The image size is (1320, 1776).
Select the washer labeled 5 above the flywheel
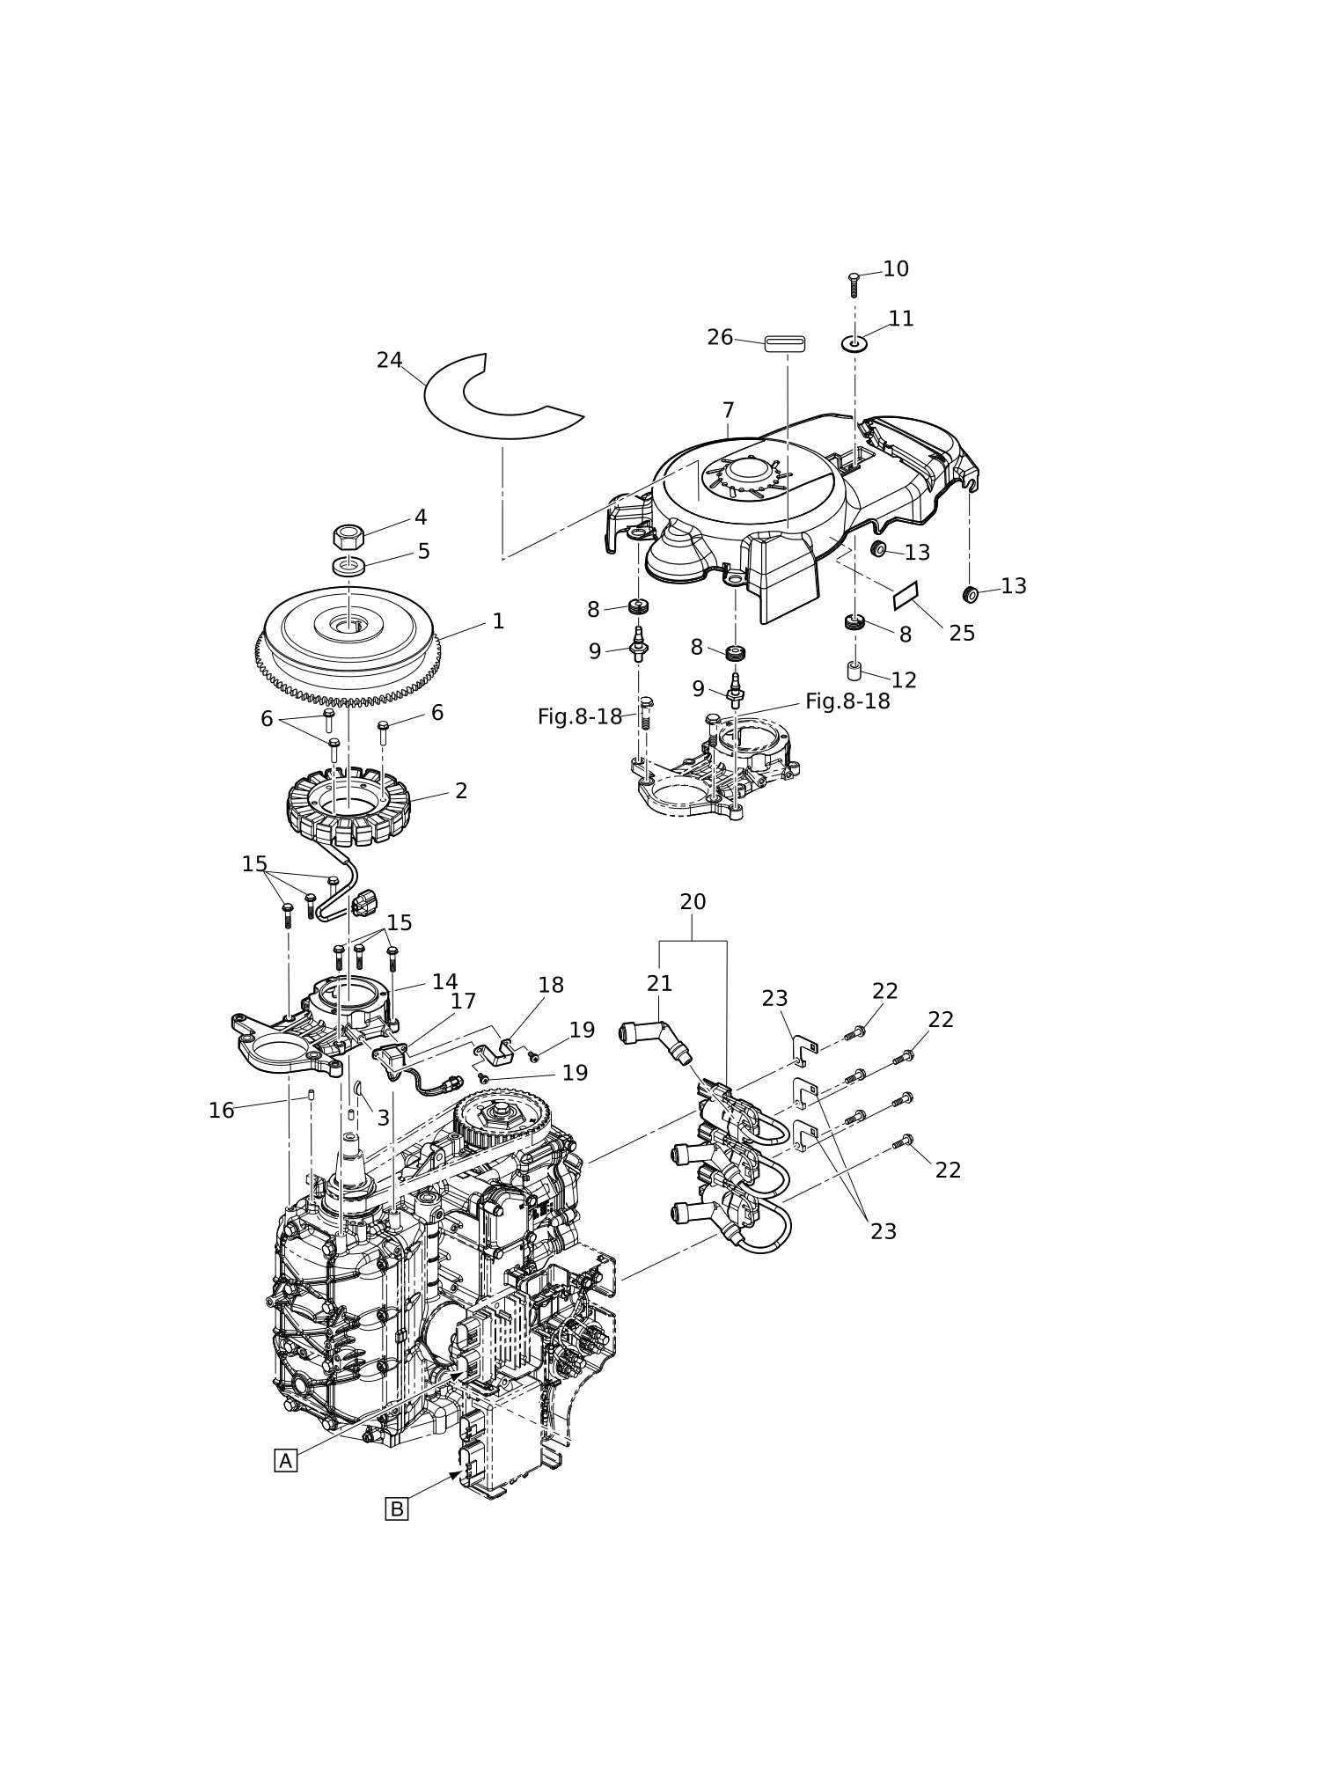click(x=349, y=565)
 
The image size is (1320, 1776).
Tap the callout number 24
click(x=390, y=361)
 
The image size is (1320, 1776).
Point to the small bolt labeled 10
click(x=854, y=285)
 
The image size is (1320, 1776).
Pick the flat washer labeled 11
click(x=854, y=344)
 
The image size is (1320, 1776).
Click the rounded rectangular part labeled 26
click(x=785, y=343)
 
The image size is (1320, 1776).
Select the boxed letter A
click(x=285, y=1461)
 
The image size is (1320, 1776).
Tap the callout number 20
click(x=693, y=902)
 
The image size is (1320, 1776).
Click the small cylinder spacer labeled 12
click(x=854, y=672)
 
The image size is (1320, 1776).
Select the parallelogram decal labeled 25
click(x=906, y=596)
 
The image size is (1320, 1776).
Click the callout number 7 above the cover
click(x=728, y=411)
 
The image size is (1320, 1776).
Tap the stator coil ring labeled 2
click(x=348, y=806)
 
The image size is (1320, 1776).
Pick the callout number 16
click(x=222, y=1112)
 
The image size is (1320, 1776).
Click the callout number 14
click(x=444, y=982)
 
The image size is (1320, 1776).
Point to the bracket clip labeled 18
click(x=495, y=1050)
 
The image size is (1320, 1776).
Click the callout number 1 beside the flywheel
click(x=498, y=621)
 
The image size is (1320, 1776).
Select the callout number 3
click(x=383, y=1119)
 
